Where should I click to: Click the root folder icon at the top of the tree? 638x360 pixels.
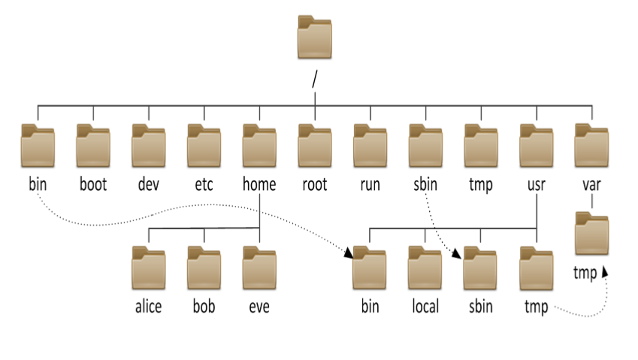click(315, 37)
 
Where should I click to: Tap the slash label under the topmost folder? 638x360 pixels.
click(315, 79)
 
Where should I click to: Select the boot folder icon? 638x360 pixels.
click(93, 146)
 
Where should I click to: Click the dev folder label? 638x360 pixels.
click(149, 184)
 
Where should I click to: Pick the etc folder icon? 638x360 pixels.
click(204, 146)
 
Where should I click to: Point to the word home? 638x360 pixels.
click(259, 184)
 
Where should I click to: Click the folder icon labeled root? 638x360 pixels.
click(315, 146)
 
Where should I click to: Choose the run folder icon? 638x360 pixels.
click(370, 146)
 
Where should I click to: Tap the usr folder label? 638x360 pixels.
click(537, 185)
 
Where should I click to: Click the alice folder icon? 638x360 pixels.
click(149, 268)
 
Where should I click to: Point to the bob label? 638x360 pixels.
click(204, 307)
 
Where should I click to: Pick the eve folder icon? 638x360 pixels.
click(259, 268)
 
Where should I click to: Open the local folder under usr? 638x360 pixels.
click(425, 268)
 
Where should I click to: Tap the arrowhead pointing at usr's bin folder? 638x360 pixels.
click(349, 253)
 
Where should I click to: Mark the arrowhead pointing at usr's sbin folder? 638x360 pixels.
click(457, 254)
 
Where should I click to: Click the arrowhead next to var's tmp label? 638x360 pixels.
click(605, 271)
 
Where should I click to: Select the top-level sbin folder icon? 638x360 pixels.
click(425, 146)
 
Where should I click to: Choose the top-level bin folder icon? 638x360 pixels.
click(38, 146)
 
